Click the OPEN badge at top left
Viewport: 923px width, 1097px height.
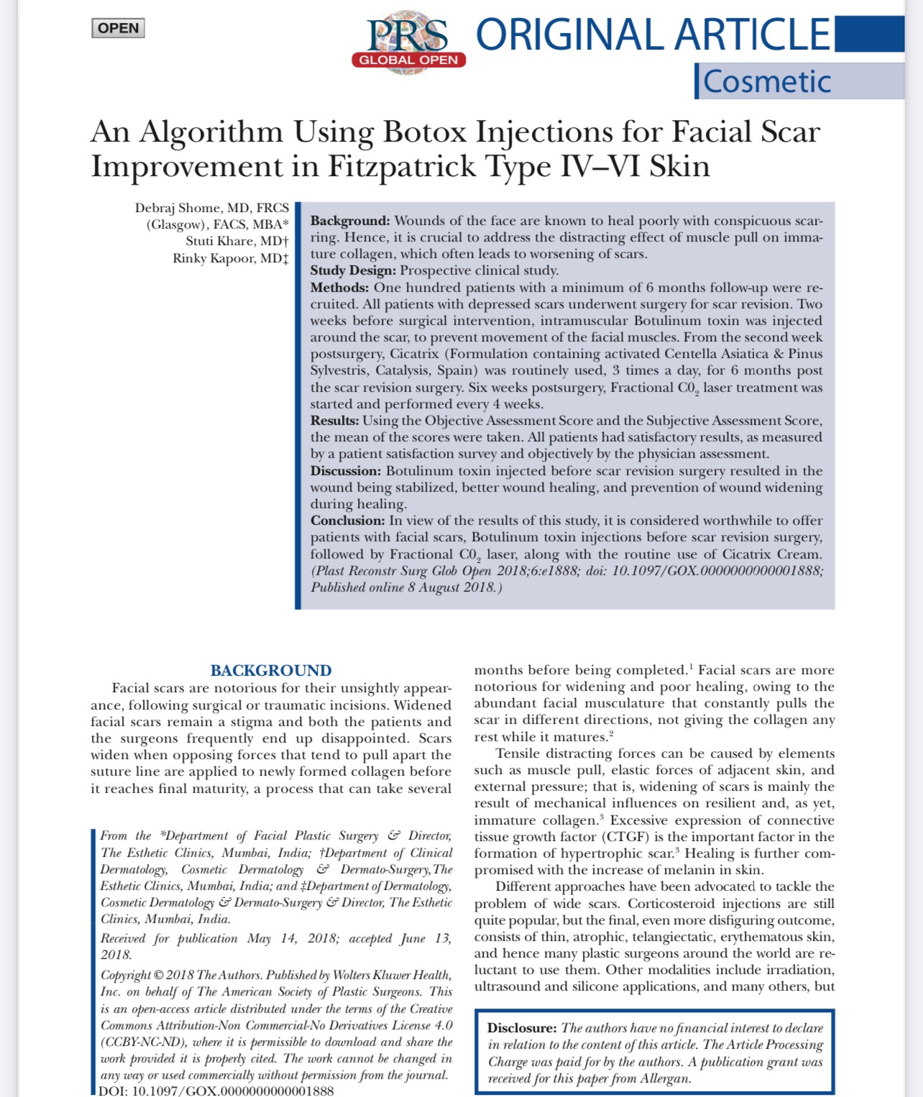point(119,28)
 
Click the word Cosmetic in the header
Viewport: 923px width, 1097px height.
point(766,81)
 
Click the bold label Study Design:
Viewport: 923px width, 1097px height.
point(353,270)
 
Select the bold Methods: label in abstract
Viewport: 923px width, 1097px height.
point(339,288)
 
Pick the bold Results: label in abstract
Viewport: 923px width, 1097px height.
point(334,421)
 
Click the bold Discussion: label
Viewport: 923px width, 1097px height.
point(346,471)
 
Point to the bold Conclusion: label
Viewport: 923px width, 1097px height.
point(347,520)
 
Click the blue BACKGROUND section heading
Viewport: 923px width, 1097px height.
point(271,671)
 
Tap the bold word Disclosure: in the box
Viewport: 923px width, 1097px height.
point(522,1028)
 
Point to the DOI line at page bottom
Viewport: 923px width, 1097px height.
point(216,1091)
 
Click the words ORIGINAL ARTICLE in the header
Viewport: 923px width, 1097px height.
point(653,35)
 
